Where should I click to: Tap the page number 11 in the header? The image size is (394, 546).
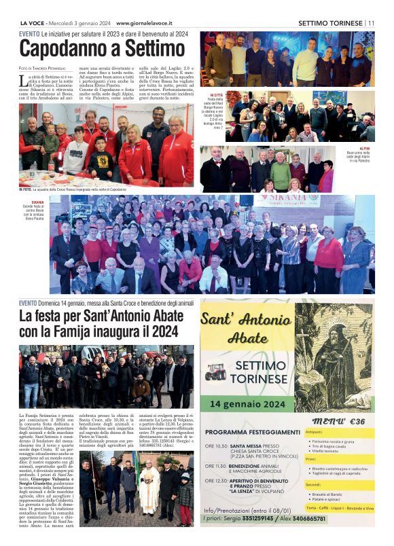coord(371,22)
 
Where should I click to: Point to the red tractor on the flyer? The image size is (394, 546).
coord(215,372)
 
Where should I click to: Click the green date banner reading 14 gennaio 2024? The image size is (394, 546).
coord(247,402)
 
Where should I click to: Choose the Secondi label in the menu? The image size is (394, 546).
coord(313,484)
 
